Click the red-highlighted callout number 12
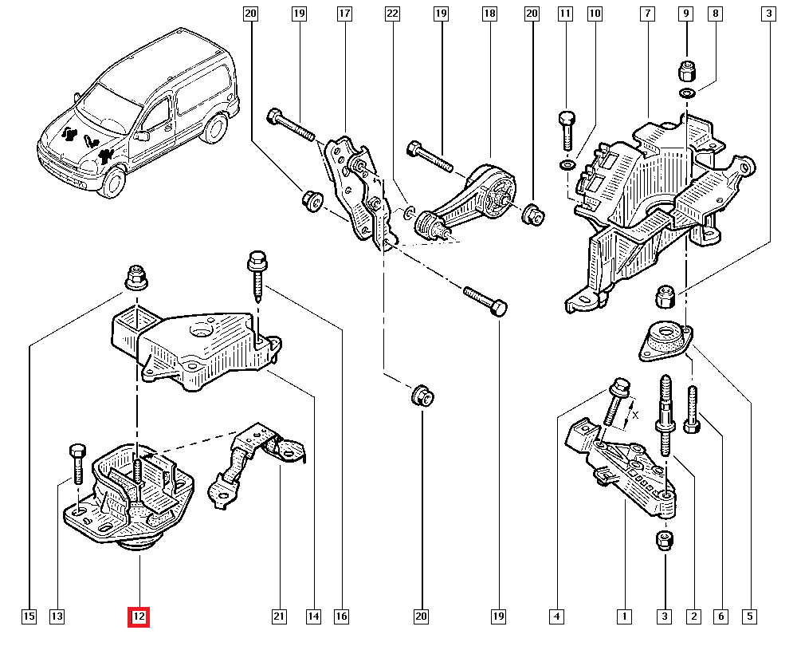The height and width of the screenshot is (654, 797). click(x=139, y=617)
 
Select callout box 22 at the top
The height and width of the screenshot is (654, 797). click(x=392, y=14)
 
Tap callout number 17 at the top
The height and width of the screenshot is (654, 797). click(x=344, y=14)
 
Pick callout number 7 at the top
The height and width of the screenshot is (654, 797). click(x=647, y=14)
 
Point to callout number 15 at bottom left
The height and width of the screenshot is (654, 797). click(x=29, y=617)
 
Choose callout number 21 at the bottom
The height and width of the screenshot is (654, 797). click(x=279, y=617)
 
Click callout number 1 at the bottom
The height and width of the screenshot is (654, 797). click(x=625, y=617)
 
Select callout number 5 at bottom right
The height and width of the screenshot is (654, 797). click(x=751, y=617)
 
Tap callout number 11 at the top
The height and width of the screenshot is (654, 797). click(x=566, y=14)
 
